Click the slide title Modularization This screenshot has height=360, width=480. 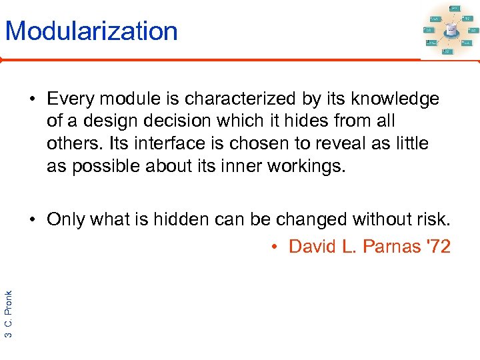click(91, 31)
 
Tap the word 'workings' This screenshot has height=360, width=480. click(307, 165)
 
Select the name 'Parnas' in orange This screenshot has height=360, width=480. click(393, 247)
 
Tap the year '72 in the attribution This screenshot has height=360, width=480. click(439, 247)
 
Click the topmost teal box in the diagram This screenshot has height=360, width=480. click(455, 7)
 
